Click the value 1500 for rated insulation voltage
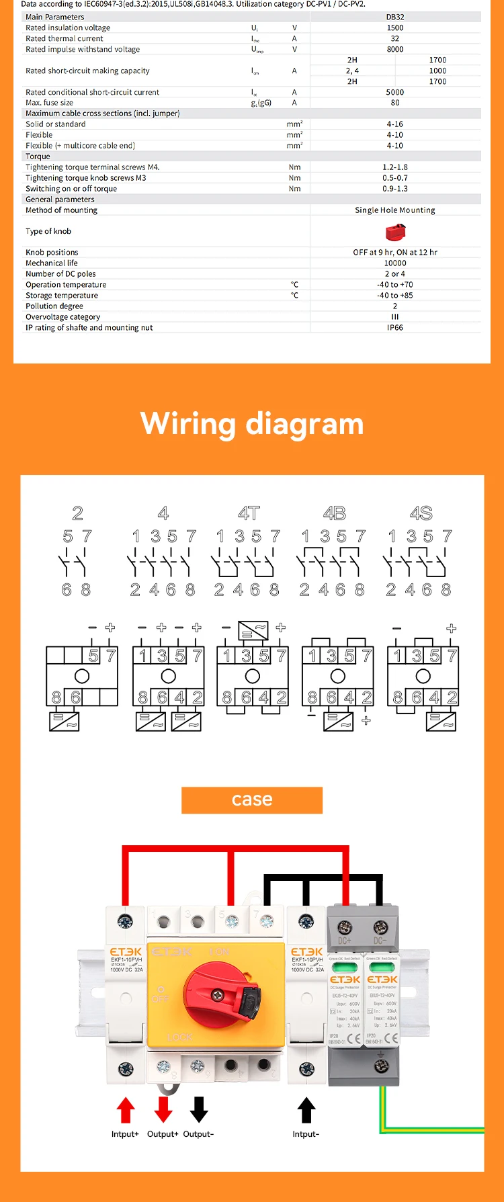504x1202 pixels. click(395, 28)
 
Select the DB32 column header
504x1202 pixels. click(395, 17)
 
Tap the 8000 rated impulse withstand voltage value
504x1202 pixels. click(395, 49)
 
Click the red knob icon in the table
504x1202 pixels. click(395, 232)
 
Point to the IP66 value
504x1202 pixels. click(395, 328)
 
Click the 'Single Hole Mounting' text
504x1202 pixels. click(395, 210)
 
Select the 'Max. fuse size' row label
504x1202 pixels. click(50, 103)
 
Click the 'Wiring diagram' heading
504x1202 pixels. click(252, 424)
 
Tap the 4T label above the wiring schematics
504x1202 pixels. click(249, 513)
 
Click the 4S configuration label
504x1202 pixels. click(421, 513)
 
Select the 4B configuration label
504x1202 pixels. click(335, 513)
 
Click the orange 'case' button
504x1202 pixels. click(252, 800)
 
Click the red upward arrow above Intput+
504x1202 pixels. click(126, 1110)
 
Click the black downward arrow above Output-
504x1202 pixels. click(199, 1110)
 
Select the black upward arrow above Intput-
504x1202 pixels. click(306, 1110)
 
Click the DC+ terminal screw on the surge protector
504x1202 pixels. click(345, 929)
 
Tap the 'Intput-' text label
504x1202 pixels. click(306, 1134)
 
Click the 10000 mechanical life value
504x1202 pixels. click(395, 263)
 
